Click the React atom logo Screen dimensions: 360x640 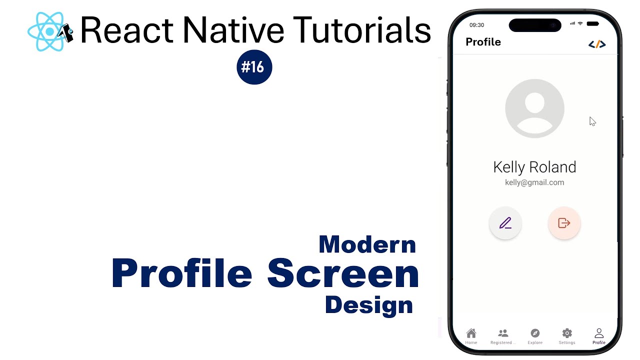click(49, 31)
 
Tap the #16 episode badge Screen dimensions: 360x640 click(254, 67)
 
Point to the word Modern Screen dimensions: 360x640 click(367, 244)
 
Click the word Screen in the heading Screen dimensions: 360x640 click(343, 273)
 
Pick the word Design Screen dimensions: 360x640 click(369, 305)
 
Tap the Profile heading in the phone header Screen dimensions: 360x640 click(483, 42)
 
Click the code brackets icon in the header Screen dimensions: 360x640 click(597, 44)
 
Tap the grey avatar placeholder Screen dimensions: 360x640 click(534, 108)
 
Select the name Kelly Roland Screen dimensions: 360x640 click(534, 167)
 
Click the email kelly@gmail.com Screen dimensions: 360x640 click(534, 182)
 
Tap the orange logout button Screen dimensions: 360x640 click(564, 223)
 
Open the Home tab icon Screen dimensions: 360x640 click(471, 333)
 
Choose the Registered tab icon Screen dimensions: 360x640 click(503, 333)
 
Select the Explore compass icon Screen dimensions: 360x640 click(535, 333)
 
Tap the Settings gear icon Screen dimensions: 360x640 click(567, 333)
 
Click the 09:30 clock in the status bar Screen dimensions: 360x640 click(477, 25)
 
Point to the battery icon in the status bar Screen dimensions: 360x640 click(592, 24)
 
